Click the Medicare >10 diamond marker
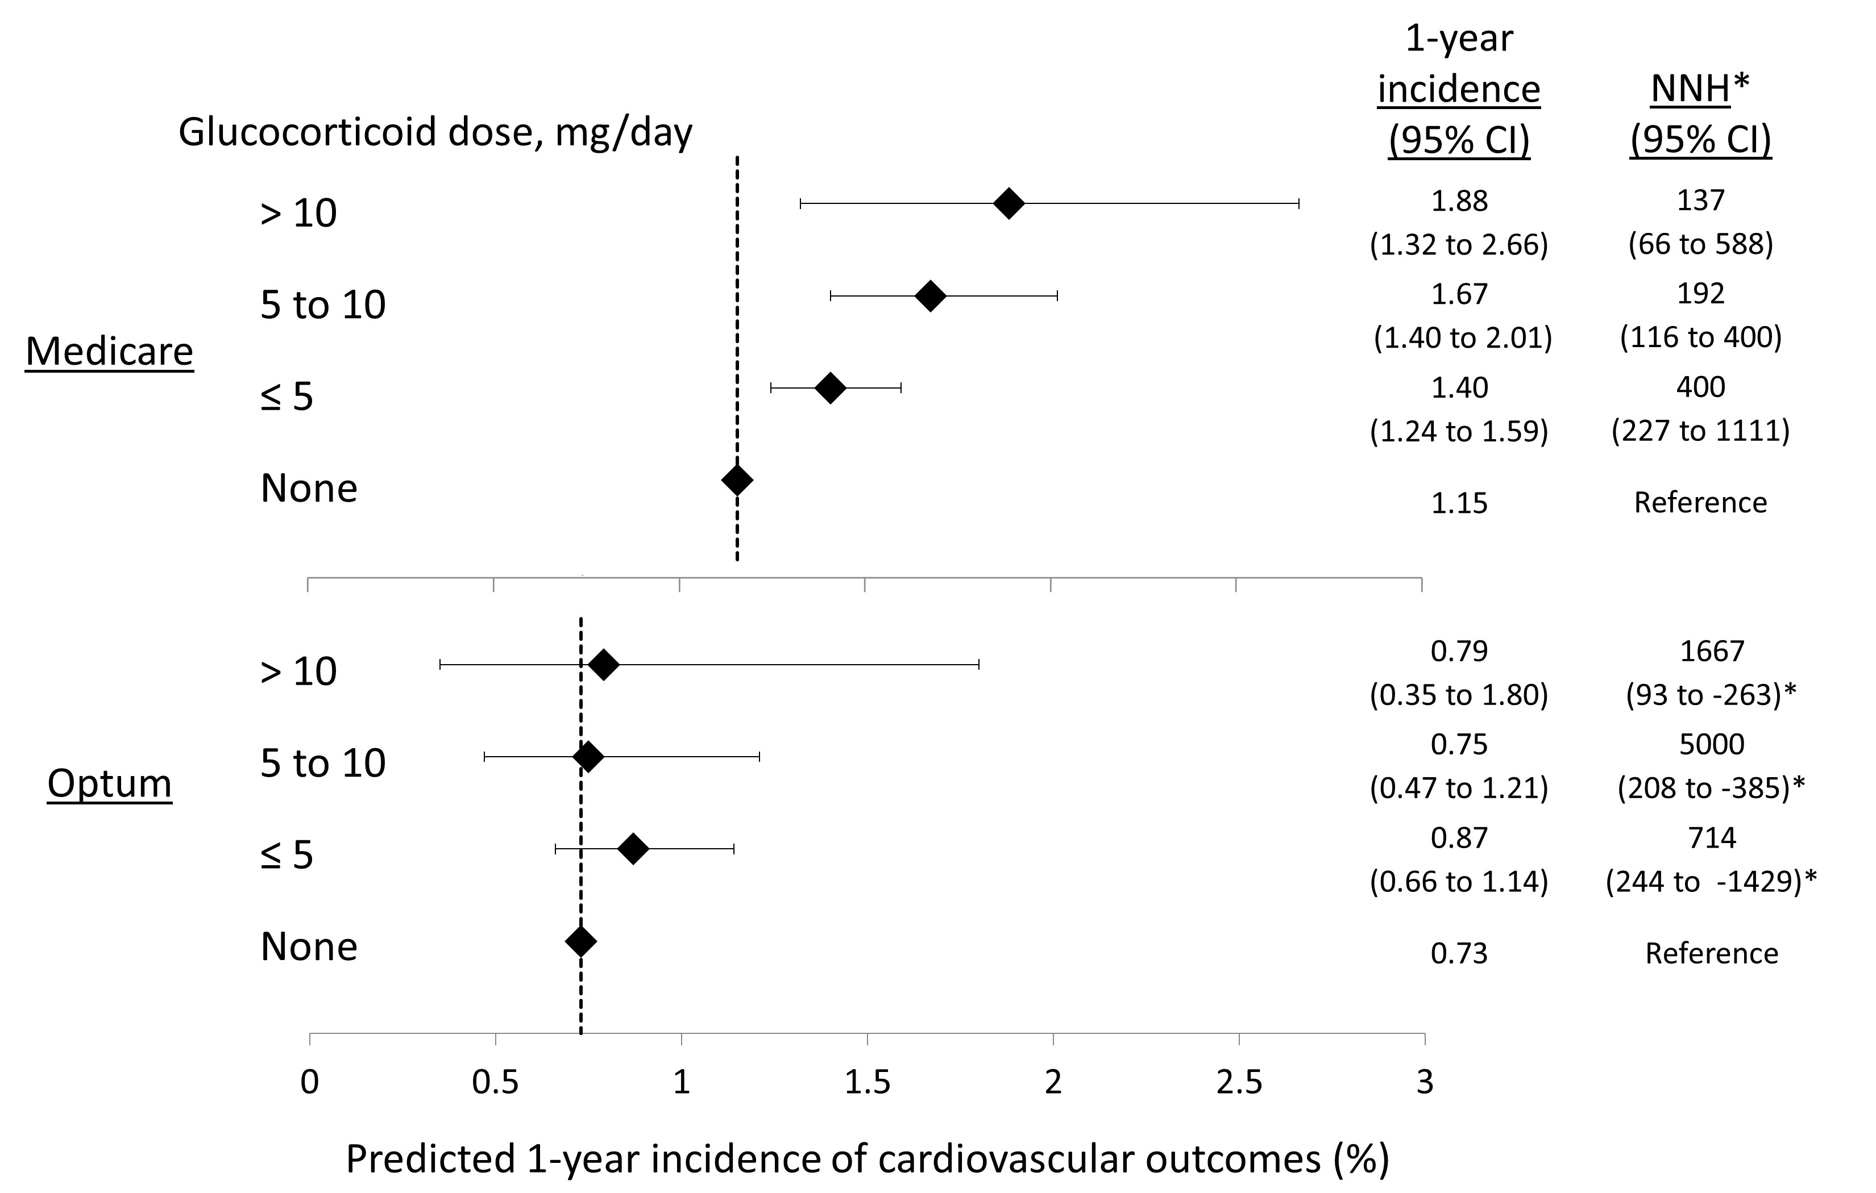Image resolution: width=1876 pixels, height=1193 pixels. point(1009,203)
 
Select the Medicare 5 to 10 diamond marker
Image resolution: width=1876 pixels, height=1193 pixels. point(930,296)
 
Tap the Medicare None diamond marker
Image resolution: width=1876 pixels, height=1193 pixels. point(737,479)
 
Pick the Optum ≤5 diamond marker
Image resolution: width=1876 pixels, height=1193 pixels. point(633,849)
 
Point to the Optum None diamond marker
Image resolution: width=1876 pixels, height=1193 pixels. point(580,941)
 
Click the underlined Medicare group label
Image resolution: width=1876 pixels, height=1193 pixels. point(109,351)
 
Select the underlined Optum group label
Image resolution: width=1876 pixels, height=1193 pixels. point(109,783)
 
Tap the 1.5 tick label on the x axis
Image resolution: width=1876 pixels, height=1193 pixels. point(867,1082)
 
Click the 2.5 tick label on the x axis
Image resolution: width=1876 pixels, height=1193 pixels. point(1239,1082)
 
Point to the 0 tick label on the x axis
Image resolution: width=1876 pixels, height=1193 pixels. point(310,1082)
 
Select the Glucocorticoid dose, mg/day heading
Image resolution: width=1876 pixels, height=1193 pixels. point(435,132)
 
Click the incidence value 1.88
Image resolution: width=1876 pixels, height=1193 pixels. point(1459,201)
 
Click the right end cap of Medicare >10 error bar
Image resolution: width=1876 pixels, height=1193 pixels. point(1298,203)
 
